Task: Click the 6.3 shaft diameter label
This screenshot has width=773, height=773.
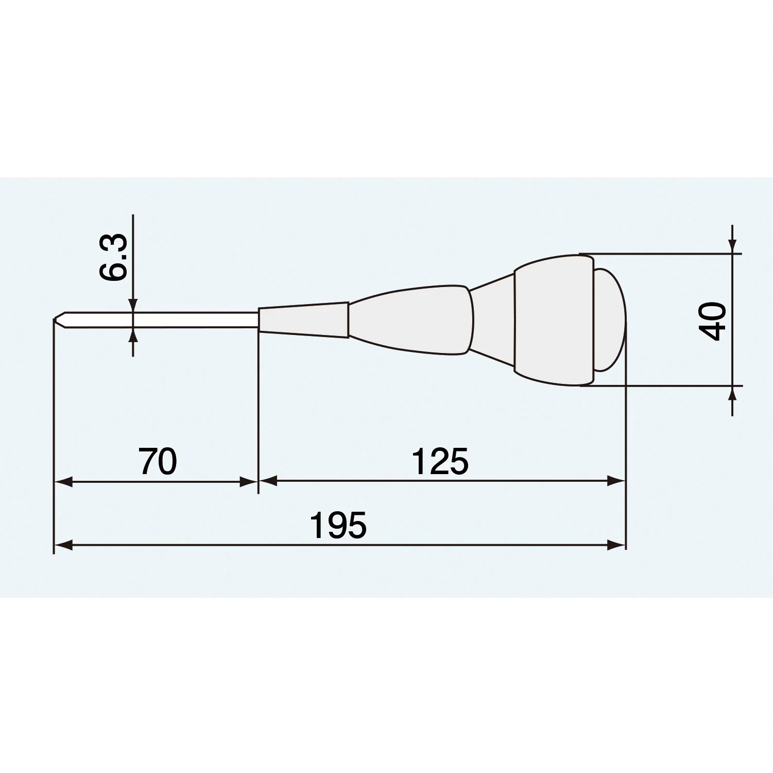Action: [113, 257]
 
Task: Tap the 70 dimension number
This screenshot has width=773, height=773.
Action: [158, 462]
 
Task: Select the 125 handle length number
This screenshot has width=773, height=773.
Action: [440, 462]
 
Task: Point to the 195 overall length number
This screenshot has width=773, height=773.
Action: [338, 526]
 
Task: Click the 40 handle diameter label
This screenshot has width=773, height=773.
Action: [713, 321]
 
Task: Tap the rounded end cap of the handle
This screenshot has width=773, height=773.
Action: [610, 320]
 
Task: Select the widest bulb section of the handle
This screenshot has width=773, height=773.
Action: [554, 320]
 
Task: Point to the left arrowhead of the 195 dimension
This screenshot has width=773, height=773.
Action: [63, 545]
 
